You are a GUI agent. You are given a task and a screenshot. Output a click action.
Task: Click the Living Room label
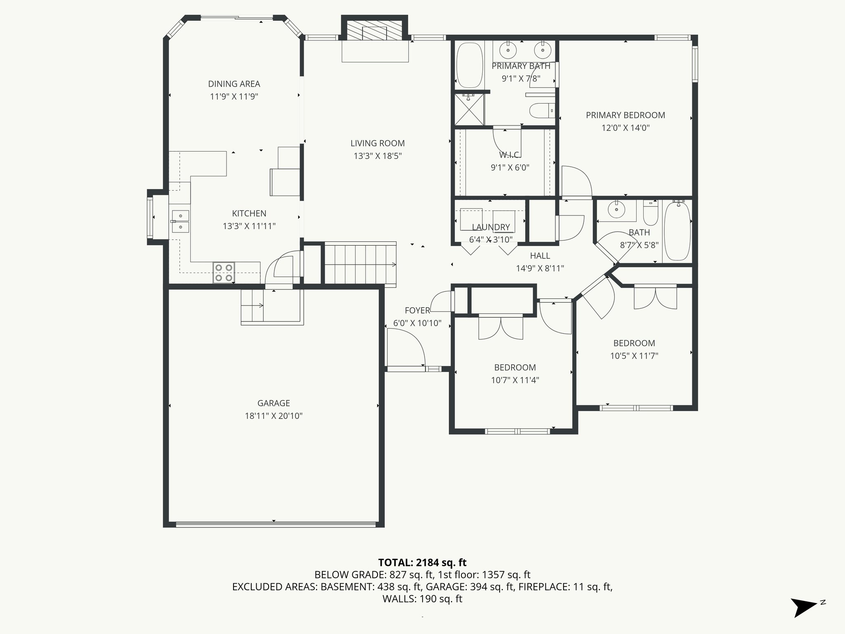[377, 143]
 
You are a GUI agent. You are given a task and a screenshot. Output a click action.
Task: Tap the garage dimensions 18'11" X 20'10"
[274, 416]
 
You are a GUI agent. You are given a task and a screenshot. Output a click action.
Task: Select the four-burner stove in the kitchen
[224, 272]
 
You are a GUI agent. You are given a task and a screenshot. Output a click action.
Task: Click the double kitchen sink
[180, 221]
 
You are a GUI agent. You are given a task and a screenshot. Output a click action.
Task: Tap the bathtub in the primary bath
[470, 65]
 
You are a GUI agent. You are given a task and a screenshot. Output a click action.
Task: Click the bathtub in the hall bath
[677, 231]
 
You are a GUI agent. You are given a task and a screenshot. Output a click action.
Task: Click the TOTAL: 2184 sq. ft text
[422, 562]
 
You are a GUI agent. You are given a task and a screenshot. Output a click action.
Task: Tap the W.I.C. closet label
[510, 155]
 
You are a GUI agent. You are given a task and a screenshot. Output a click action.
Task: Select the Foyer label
[417, 310]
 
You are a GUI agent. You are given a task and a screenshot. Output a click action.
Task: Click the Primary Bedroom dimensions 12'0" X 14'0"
[625, 128]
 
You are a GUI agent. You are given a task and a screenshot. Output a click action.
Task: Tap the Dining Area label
[234, 84]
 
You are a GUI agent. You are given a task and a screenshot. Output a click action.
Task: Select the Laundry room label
[491, 227]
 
